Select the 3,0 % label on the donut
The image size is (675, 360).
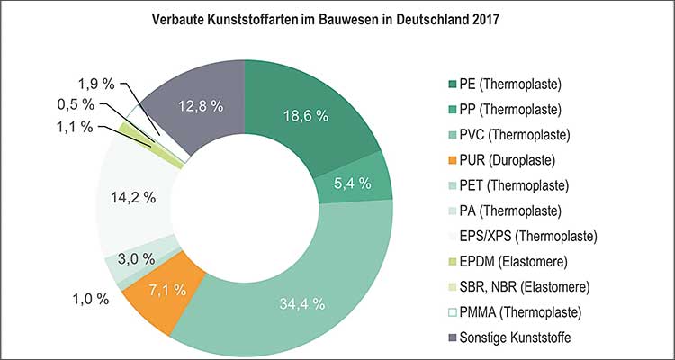135,258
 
